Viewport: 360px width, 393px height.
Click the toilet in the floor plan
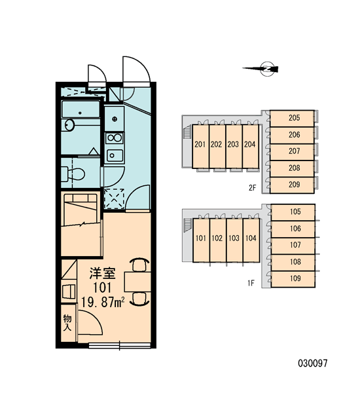tap(74, 174)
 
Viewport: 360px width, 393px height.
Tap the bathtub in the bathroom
tap(81, 109)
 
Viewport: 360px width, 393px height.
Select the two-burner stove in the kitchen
tap(115, 138)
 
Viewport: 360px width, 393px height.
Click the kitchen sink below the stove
tap(115, 156)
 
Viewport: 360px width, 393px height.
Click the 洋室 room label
tap(103, 273)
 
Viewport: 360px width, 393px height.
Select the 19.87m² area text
tap(103, 302)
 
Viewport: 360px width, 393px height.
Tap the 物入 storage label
tap(67, 323)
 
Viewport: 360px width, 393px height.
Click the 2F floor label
tap(252, 188)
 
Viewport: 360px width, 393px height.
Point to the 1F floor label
tap(251, 283)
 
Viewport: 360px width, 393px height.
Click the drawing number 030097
tap(312, 363)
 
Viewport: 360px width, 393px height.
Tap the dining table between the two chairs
tap(137, 282)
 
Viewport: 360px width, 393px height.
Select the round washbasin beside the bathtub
tap(69, 125)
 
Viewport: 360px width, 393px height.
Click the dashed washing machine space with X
tap(115, 198)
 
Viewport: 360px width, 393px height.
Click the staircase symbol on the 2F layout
tap(187, 132)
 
